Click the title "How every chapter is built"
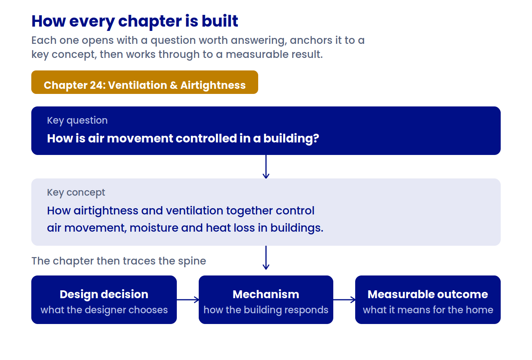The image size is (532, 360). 135,22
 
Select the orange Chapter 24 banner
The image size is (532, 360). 145,82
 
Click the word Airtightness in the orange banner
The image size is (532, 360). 213,85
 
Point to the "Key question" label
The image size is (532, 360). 77,121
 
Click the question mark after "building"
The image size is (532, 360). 316,138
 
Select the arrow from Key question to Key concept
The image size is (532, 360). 266,167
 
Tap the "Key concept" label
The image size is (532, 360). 76,193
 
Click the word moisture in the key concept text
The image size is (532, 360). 154,228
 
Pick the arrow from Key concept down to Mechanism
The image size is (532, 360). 266,257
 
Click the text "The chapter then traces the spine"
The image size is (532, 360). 119,261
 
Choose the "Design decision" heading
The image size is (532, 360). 104,294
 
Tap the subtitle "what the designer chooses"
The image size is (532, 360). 104,310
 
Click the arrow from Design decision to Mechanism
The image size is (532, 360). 188,300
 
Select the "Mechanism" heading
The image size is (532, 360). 266,294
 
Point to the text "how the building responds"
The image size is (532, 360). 266,310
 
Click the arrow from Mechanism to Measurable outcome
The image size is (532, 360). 344,300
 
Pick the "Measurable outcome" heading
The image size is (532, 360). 428,294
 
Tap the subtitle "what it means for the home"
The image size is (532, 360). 428,310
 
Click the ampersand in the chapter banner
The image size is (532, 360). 174,85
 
